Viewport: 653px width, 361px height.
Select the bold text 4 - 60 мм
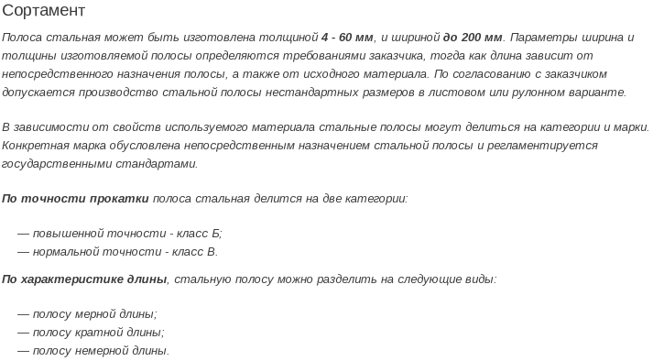click(x=348, y=38)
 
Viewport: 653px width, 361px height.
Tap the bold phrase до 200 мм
click(x=473, y=38)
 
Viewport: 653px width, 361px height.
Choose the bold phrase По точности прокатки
click(x=75, y=198)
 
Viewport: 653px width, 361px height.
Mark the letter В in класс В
click(x=212, y=251)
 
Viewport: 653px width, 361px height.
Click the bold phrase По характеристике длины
click(x=84, y=279)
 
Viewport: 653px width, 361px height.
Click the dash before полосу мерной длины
click(x=23, y=313)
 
